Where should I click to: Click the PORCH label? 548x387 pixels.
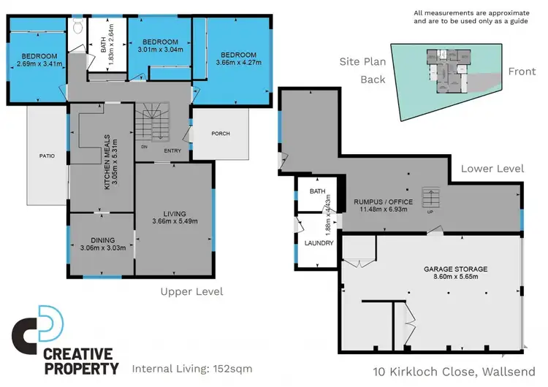coord(220,134)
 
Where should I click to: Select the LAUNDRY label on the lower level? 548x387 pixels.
coord(319,242)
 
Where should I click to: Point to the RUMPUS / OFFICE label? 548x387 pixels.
coord(384,202)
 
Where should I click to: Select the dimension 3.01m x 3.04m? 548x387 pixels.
coord(161,50)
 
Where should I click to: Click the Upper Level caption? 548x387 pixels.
coord(191,291)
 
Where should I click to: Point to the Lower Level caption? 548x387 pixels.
coord(492,168)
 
